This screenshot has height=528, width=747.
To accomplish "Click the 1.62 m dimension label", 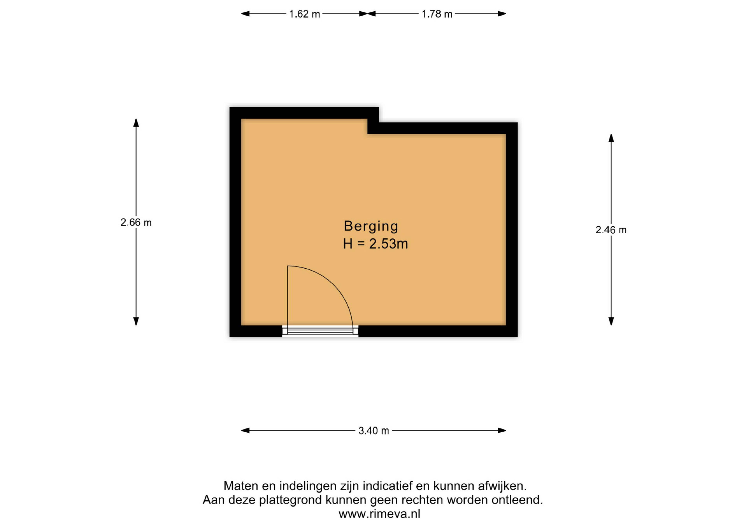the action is [x=304, y=14].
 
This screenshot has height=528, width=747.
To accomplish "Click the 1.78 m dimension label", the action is [x=437, y=14].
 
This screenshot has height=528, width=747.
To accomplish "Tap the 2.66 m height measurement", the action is [x=136, y=222].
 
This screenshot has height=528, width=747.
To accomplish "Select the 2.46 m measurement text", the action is [x=611, y=230].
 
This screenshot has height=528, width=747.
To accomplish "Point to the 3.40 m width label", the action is [x=373, y=431].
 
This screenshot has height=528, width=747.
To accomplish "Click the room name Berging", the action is [x=371, y=226].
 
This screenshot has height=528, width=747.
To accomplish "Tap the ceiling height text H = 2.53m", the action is [x=375, y=244].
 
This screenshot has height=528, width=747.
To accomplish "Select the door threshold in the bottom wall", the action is [x=320, y=331].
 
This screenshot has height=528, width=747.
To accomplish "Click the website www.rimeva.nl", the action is [x=379, y=514].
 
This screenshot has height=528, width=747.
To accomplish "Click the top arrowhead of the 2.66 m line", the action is [x=136, y=122].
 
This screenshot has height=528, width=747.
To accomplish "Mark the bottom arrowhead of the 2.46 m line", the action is [x=611, y=321].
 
